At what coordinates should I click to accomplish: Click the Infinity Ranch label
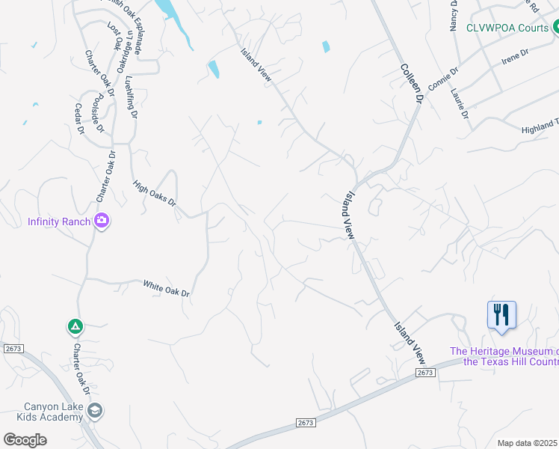point(59,222)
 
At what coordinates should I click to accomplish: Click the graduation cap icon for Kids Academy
point(95,410)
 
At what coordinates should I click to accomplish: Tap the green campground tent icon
point(75,326)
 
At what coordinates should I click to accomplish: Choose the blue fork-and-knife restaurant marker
point(501,314)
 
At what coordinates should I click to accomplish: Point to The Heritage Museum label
point(504,357)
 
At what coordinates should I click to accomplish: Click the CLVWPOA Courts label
point(507,28)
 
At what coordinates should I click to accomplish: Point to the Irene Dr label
point(515,57)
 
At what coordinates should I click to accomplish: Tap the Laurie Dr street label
point(460,104)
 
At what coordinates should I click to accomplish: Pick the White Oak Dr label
point(166,288)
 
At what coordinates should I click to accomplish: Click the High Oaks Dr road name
point(154,193)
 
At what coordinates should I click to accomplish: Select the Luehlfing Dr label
point(132,97)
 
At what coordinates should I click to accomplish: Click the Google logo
point(25,440)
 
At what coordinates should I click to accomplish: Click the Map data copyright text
point(528,443)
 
